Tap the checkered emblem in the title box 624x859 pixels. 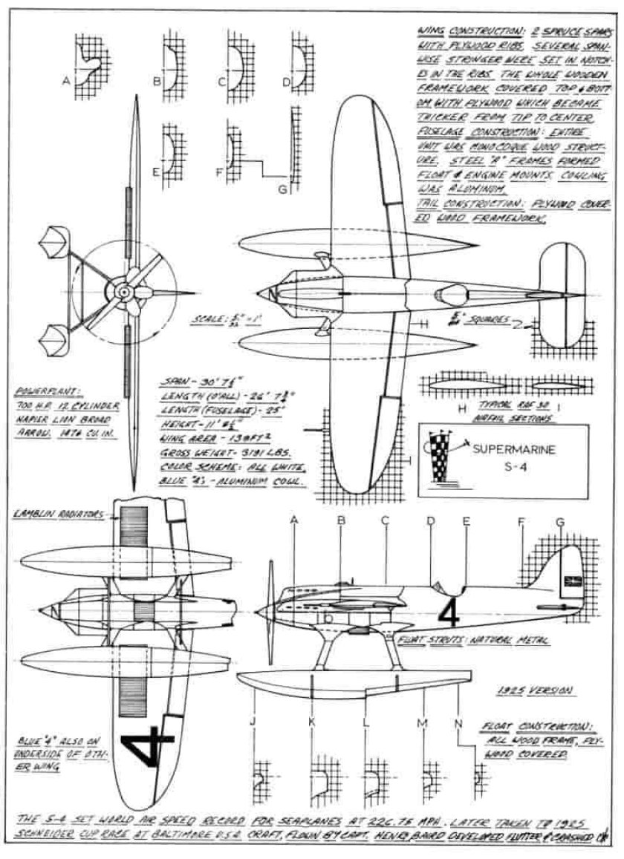tap(443, 460)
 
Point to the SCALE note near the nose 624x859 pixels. tap(213, 321)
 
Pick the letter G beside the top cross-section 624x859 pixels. tap(282, 189)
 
